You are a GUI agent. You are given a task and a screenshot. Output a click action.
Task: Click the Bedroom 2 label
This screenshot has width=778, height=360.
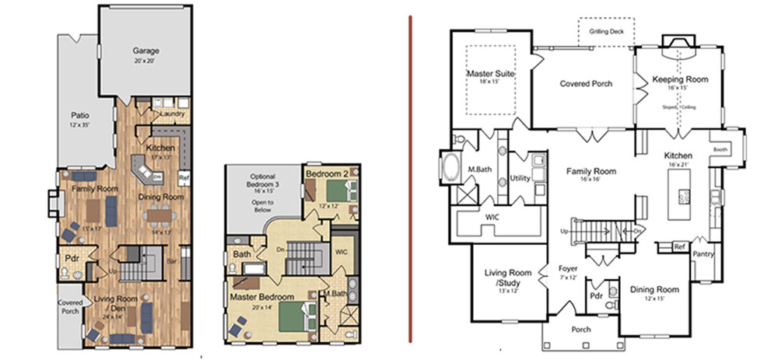pyautogui.click(x=328, y=173)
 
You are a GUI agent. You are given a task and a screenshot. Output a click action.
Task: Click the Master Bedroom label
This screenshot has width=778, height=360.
pyautogui.click(x=261, y=298)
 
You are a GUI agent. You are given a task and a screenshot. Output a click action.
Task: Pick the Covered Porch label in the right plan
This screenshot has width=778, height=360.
pyautogui.click(x=586, y=84)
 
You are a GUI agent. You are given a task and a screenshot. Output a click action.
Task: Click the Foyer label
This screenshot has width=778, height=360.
pyautogui.click(x=568, y=270)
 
